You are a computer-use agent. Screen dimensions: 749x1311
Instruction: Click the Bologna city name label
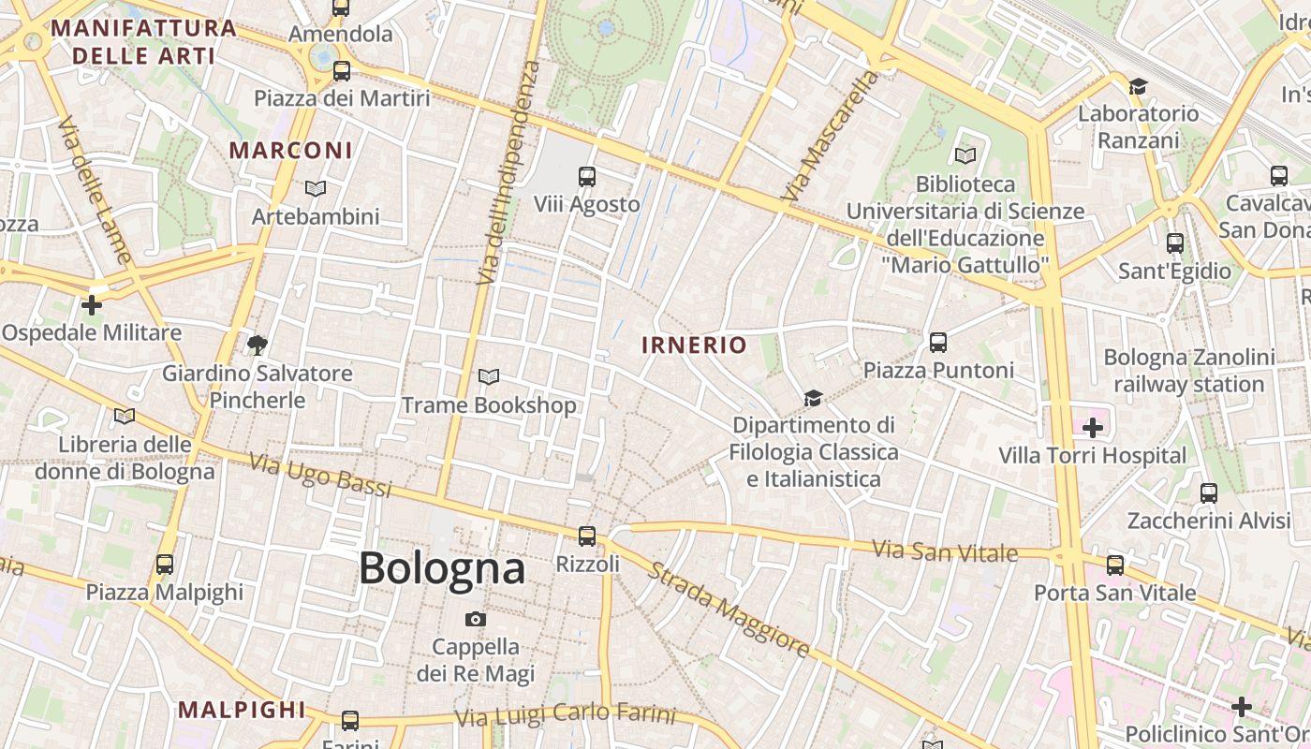coord(442,568)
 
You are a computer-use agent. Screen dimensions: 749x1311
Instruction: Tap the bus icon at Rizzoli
coord(587,536)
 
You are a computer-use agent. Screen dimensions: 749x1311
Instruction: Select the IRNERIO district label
coord(694,345)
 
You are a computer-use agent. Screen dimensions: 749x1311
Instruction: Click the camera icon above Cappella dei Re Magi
coord(476,619)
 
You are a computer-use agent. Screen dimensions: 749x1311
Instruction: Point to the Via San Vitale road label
coord(945,551)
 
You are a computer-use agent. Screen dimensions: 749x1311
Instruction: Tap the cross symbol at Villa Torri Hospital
coord(1092,428)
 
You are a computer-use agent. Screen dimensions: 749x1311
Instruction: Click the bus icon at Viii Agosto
coord(587,176)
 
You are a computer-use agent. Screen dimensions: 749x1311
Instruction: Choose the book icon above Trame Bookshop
coord(489,376)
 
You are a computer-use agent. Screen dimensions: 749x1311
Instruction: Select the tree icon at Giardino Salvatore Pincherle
coord(258,345)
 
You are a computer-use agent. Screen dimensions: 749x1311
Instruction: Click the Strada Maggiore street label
coord(729,609)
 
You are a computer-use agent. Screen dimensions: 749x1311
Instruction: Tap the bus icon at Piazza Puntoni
coord(938,342)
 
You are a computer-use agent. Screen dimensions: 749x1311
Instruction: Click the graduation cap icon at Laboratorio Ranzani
coord(1138,86)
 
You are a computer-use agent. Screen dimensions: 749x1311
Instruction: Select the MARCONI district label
coord(291,150)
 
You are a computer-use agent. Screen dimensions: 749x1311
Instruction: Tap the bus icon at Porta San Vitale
coord(1115,565)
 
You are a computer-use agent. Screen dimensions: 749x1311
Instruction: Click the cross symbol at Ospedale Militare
coord(92,304)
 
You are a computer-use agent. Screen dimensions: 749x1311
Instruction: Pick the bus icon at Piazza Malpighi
coord(165,564)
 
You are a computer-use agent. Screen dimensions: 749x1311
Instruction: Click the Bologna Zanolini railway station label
coord(1189,371)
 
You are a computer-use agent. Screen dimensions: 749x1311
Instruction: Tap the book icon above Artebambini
coord(316,188)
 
